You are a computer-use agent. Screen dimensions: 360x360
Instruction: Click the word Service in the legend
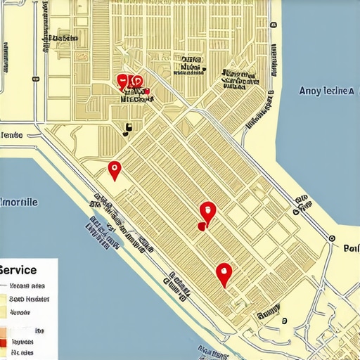pyautogui.click(x=19, y=269)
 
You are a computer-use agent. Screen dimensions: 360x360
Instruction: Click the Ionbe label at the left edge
pyautogui.click(x=12, y=134)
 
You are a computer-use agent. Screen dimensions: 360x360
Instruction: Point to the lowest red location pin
pyautogui.click(x=224, y=273)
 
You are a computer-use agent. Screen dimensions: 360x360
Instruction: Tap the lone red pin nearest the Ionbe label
pyautogui.click(x=114, y=169)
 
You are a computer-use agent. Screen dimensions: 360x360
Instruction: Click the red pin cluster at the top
pyautogui.click(x=131, y=82)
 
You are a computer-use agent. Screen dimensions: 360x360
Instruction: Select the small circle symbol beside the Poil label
pyautogui.click(x=331, y=238)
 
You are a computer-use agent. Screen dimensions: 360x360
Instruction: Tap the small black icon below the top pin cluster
pyautogui.click(x=127, y=129)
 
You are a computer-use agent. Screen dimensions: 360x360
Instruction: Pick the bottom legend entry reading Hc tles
pyautogui.click(x=22, y=352)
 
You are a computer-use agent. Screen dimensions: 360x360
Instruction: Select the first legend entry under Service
pyautogui.click(x=28, y=286)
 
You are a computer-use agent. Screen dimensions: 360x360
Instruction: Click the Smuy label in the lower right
pyautogui.click(x=268, y=309)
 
